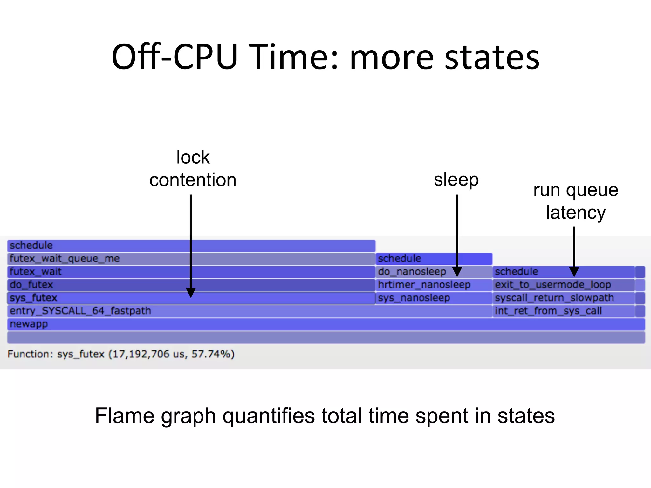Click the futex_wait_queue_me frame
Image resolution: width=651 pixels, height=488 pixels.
[x=191, y=259]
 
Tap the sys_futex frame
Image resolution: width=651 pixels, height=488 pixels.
[x=127, y=298]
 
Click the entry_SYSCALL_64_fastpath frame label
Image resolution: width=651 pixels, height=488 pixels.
[x=80, y=311]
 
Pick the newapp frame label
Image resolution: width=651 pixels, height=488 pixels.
[x=29, y=324]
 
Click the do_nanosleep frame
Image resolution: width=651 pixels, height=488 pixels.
[x=412, y=272]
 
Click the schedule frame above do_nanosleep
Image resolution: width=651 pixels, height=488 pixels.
[x=434, y=259]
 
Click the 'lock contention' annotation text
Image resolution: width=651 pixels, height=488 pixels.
[x=193, y=169]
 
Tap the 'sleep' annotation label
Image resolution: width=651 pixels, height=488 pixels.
[x=456, y=180]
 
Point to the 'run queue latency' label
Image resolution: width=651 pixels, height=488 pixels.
[x=576, y=201]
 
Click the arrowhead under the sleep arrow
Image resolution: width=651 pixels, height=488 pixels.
[x=457, y=272]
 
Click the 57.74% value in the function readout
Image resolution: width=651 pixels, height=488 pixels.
[x=211, y=354]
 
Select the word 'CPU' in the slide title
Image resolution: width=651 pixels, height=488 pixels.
[x=206, y=57]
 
